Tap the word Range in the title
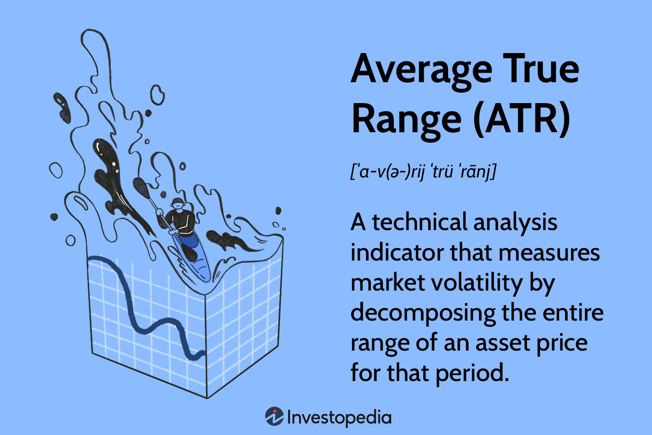[406, 120]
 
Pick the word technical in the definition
[419, 222]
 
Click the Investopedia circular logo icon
[274, 417]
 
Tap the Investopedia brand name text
[339, 417]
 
